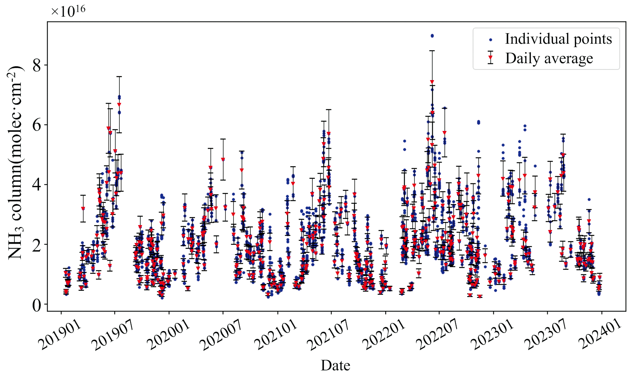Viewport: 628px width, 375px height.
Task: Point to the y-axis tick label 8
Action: (x=37, y=65)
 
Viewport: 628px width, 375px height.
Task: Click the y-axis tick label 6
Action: (x=37, y=125)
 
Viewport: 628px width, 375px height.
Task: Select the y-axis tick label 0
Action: (x=37, y=305)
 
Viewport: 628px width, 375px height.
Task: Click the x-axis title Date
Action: (x=335, y=365)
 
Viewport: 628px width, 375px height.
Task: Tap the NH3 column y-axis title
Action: (x=16, y=163)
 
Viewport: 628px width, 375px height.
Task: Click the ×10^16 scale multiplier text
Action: (x=68, y=11)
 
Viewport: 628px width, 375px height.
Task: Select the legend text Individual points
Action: (x=558, y=39)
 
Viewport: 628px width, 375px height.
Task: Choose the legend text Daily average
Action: (x=549, y=58)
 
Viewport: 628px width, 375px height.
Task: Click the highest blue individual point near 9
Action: (x=432, y=36)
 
